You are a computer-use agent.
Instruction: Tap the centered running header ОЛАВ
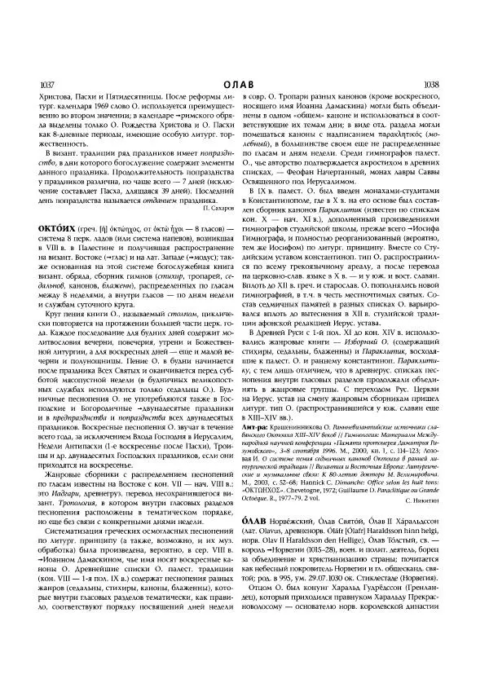tap(244, 83)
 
